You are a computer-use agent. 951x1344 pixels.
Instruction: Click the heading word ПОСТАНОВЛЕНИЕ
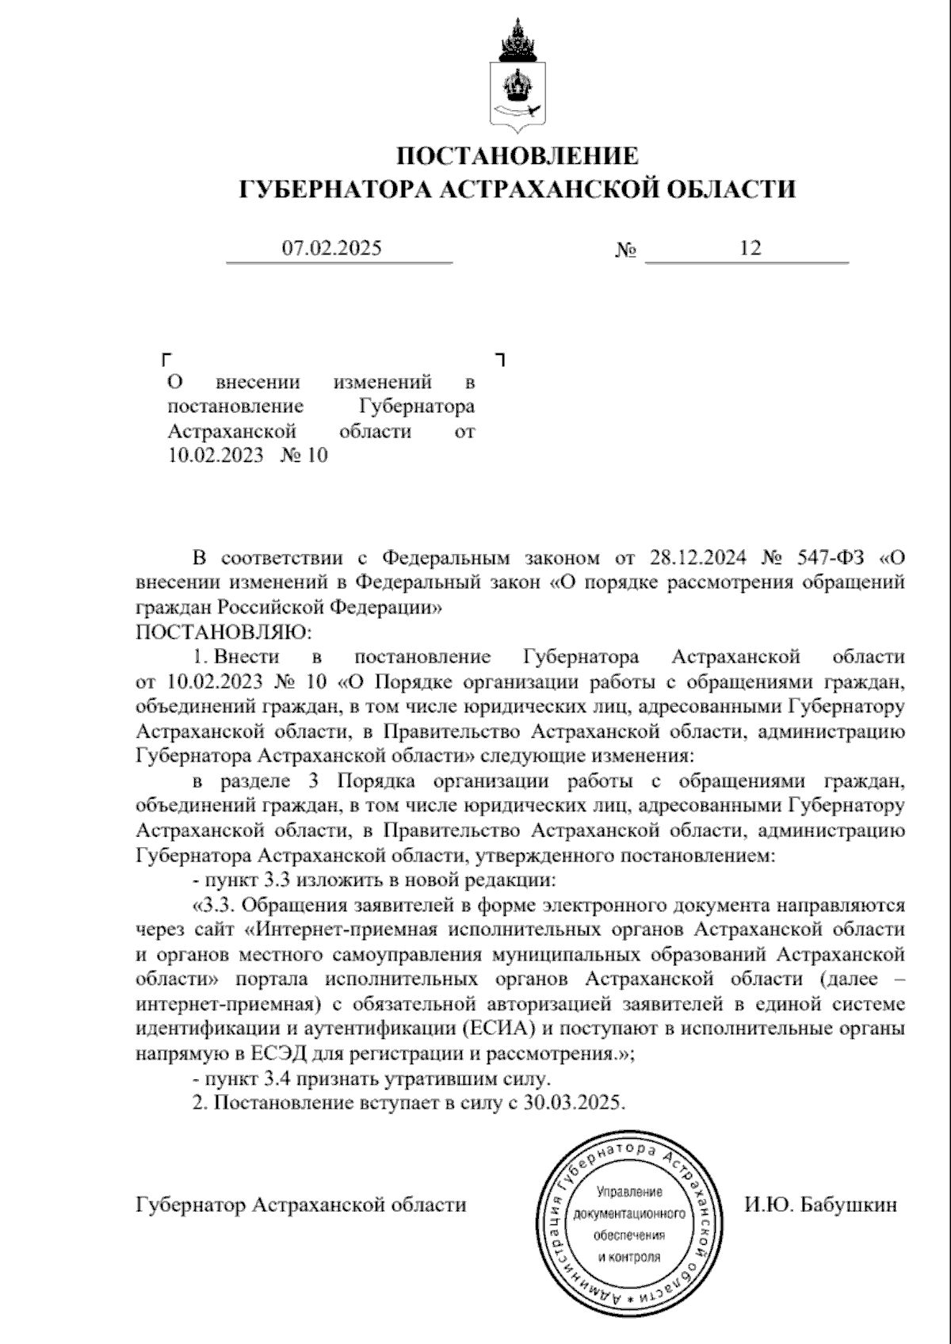[518, 155]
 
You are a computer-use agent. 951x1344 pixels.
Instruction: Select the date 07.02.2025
[332, 249]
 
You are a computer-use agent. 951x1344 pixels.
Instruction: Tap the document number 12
[750, 249]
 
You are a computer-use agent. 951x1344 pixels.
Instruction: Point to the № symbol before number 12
[626, 250]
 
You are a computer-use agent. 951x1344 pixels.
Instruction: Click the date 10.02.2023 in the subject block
[215, 456]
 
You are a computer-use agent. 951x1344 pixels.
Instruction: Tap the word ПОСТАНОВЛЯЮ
[224, 632]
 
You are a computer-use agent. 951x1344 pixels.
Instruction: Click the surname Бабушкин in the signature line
[849, 1205]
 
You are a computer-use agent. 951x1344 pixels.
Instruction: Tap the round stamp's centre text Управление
[630, 1192]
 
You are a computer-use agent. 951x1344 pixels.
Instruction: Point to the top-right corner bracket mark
[500, 359]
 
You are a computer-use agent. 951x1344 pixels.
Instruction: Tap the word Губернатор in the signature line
[191, 1205]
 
